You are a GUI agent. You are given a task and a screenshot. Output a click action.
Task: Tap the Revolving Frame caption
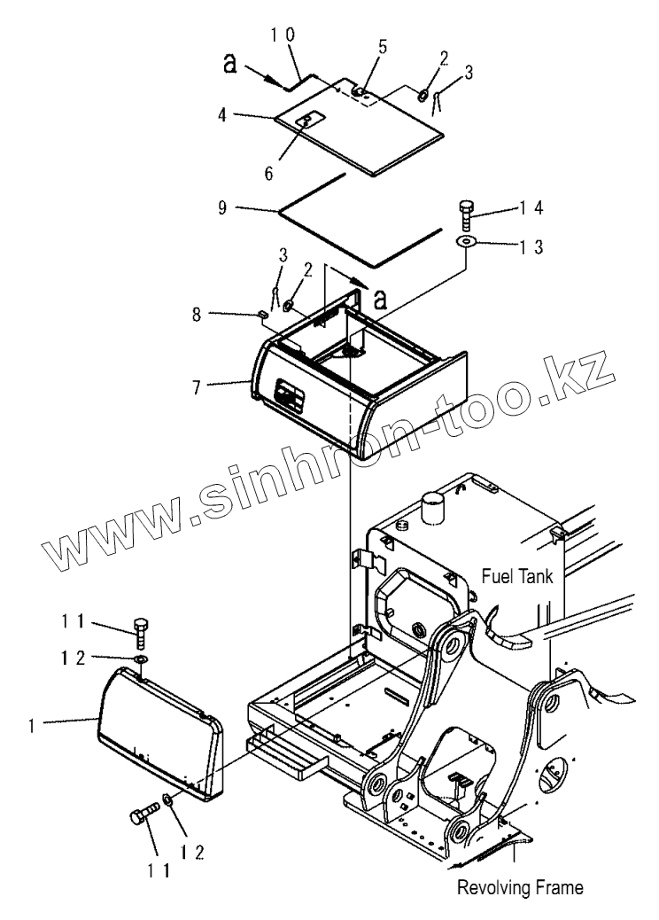[x=521, y=885]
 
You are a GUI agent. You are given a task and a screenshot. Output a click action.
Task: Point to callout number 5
[x=383, y=45]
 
